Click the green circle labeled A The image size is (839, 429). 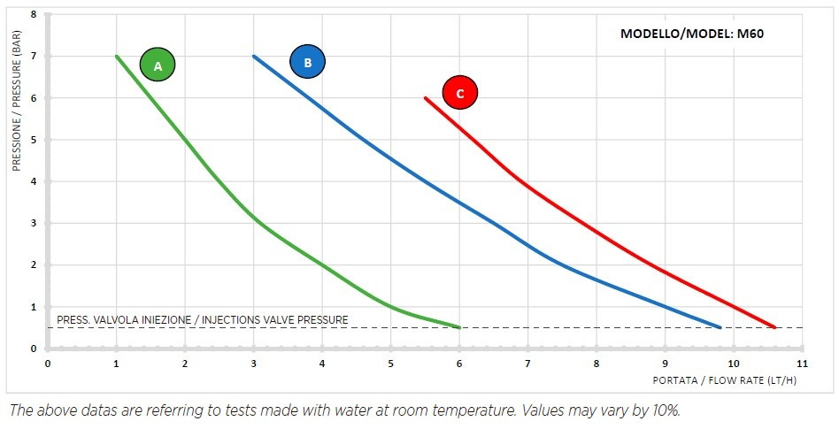[158, 65]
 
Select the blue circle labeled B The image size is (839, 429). [307, 62]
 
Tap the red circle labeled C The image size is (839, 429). [459, 92]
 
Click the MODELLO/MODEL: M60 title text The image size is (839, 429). [691, 34]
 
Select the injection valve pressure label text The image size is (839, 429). [203, 319]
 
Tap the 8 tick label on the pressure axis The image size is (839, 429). [35, 15]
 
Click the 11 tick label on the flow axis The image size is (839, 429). [802, 363]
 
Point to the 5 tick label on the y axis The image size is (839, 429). [35, 140]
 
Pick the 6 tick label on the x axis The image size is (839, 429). [459, 363]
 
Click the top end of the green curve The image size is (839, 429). [117, 56]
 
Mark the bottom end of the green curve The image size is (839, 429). [459, 327]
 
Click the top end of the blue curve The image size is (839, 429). [254, 56]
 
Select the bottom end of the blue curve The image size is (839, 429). [720, 327]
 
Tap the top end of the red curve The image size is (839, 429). [426, 97]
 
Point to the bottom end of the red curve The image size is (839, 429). [775, 327]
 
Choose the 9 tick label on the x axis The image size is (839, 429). [665, 363]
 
